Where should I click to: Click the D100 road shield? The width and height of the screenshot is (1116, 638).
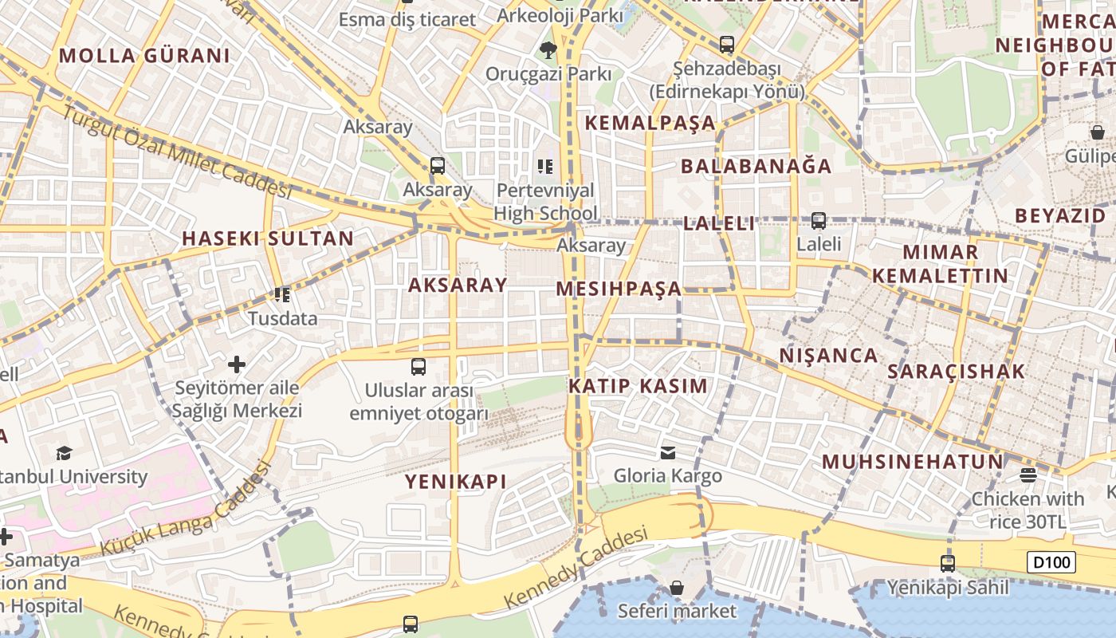click(1051, 562)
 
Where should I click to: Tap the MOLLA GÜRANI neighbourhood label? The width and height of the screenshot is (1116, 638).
click(144, 56)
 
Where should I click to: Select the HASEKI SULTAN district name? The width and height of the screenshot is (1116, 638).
click(268, 238)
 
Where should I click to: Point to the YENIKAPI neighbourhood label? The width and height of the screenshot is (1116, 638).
click(456, 482)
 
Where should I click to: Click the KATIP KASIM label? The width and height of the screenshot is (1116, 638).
click(638, 387)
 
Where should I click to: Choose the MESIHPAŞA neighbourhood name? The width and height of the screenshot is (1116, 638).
click(619, 289)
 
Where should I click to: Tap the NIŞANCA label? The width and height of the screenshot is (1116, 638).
click(828, 356)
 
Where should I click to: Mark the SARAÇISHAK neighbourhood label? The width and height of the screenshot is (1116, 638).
click(957, 372)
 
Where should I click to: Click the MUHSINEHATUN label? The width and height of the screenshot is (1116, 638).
click(913, 462)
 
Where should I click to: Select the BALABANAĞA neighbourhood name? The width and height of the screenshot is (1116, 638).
click(756, 167)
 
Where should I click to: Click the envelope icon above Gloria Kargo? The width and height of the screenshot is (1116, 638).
click(668, 453)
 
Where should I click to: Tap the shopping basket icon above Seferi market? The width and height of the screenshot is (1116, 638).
click(677, 589)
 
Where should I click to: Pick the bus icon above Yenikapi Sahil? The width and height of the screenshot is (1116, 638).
click(947, 564)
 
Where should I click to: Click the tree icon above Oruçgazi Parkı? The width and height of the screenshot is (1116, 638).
click(548, 50)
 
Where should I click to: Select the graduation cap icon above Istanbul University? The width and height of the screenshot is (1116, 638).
click(64, 454)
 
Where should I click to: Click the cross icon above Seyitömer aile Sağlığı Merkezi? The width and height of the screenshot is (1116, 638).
click(237, 364)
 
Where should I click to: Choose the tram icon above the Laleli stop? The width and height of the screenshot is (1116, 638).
click(819, 221)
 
